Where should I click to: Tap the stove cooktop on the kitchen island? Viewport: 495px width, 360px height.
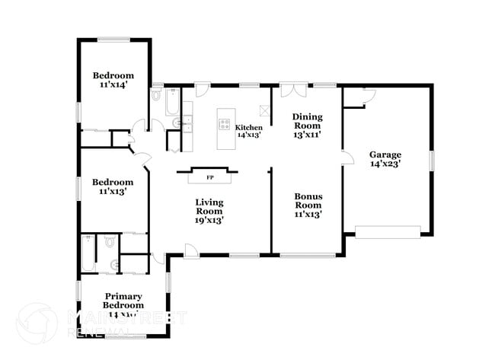(225, 123)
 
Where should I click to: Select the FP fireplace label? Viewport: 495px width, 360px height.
(210, 177)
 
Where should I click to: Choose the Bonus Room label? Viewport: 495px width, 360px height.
(308, 205)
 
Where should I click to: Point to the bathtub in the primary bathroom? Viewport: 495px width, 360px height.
(88, 253)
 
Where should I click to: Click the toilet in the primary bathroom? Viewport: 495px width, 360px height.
(110, 242)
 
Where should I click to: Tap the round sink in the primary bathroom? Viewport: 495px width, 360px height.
(115, 265)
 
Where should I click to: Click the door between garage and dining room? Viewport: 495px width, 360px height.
(347, 157)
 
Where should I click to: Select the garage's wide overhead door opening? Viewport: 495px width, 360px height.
(388, 231)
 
